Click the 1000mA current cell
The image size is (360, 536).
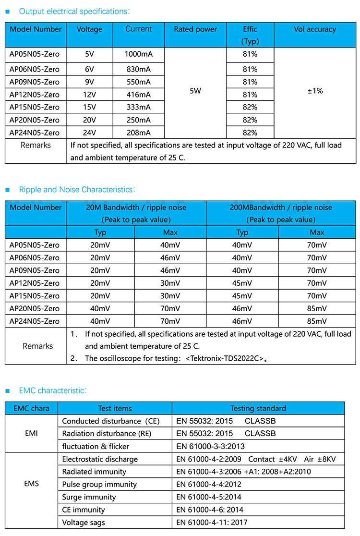(138, 54)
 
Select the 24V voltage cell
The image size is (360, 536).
(89, 133)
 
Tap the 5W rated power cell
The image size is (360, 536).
(195, 91)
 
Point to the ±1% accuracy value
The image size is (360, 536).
(315, 91)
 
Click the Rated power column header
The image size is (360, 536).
(195, 29)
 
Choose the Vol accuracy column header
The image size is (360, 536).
(315, 29)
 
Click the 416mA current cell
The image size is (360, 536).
(138, 95)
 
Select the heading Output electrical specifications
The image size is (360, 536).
(74, 11)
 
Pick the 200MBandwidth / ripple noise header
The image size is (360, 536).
(281, 207)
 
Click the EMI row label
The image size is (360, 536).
(31, 433)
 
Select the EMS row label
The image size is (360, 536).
(31, 484)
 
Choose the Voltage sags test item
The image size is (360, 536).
(84, 523)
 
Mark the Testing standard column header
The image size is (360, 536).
(258, 409)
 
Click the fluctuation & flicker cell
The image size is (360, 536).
(96, 446)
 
